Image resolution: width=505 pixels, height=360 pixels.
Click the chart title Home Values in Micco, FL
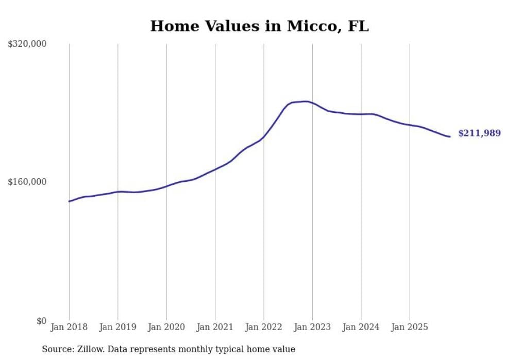pos(259,26)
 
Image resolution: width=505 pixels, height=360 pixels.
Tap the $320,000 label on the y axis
pos(27,44)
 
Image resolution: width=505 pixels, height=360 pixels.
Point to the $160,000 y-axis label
pos(27,182)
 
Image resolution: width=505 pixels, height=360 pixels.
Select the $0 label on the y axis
pos(41,321)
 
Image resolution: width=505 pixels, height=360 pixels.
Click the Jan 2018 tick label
pos(69,327)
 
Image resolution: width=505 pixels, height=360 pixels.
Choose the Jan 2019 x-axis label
pos(117,327)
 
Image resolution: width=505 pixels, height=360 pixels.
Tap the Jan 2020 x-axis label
pos(166,327)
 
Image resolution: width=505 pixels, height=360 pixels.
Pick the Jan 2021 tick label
pos(215,327)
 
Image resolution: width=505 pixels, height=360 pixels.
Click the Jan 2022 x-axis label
pos(264,327)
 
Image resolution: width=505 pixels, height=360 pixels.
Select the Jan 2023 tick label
pos(312,327)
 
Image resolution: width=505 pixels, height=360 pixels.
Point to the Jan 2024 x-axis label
pos(361,327)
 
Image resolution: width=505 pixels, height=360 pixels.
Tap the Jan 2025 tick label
pos(410,327)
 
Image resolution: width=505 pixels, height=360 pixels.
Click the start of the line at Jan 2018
pos(69,201)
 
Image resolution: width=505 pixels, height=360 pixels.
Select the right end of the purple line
pos(450,136)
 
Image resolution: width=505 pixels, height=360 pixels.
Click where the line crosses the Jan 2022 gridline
pos(264,137)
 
